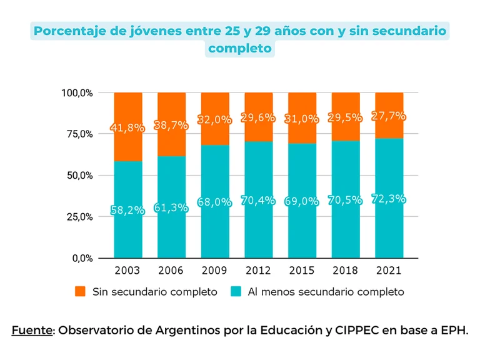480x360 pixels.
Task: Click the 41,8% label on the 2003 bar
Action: [127, 128]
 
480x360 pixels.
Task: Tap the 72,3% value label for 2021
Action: [389, 199]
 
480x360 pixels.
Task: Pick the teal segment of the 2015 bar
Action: [302, 231]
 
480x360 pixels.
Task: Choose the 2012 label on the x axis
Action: [258, 271]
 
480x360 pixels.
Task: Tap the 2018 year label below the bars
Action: [346, 271]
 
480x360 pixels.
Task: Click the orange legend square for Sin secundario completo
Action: [80, 291]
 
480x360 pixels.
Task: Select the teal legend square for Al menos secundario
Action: [236, 291]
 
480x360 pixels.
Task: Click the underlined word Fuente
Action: [31, 330]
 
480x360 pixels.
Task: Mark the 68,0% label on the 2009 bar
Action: [215, 202]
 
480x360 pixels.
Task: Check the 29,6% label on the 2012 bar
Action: [258, 118]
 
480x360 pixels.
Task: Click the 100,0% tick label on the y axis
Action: [77, 92]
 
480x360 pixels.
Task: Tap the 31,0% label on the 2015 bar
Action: [302, 119]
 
